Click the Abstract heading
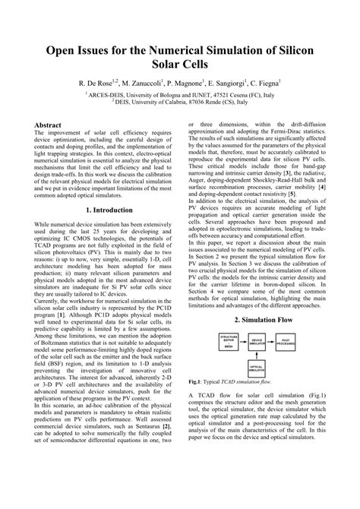[49, 123]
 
